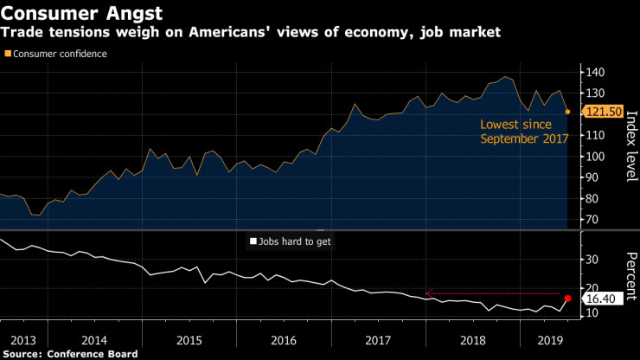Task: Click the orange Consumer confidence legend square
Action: point(9,54)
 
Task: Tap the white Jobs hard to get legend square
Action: point(253,241)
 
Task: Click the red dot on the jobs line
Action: point(567,298)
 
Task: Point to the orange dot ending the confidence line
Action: point(567,112)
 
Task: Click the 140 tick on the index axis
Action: point(595,72)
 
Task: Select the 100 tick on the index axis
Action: point(595,157)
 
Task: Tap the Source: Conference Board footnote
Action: point(69,354)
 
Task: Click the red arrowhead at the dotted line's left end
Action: point(428,292)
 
